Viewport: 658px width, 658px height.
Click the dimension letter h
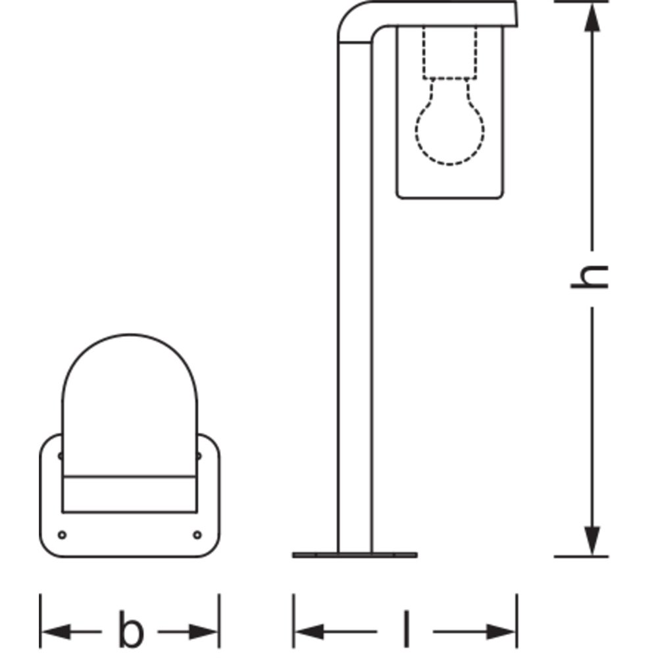[x=589, y=277]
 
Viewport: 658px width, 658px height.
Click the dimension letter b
[x=131, y=629]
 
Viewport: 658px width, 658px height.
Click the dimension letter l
[x=406, y=628]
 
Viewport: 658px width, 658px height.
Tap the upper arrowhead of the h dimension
[x=592, y=18]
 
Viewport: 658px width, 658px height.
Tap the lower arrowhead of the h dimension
[x=592, y=540]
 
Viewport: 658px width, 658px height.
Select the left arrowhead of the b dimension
[x=56, y=632]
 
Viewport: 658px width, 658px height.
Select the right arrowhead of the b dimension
[x=203, y=632]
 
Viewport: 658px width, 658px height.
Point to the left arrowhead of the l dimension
[x=310, y=632]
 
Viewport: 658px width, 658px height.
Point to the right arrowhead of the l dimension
[x=501, y=632]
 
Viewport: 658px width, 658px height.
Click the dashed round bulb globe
[x=449, y=126]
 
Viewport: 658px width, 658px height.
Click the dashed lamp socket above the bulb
[x=449, y=53]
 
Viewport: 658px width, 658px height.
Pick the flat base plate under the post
[x=355, y=555]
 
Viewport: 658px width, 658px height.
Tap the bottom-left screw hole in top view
[x=62, y=534]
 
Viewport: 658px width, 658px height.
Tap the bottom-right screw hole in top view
[x=197, y=534]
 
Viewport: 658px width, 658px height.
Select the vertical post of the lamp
[x=355, y=298]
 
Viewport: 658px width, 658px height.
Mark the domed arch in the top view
[x=130, y=405]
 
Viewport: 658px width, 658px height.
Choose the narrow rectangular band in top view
[x=130, y=494]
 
